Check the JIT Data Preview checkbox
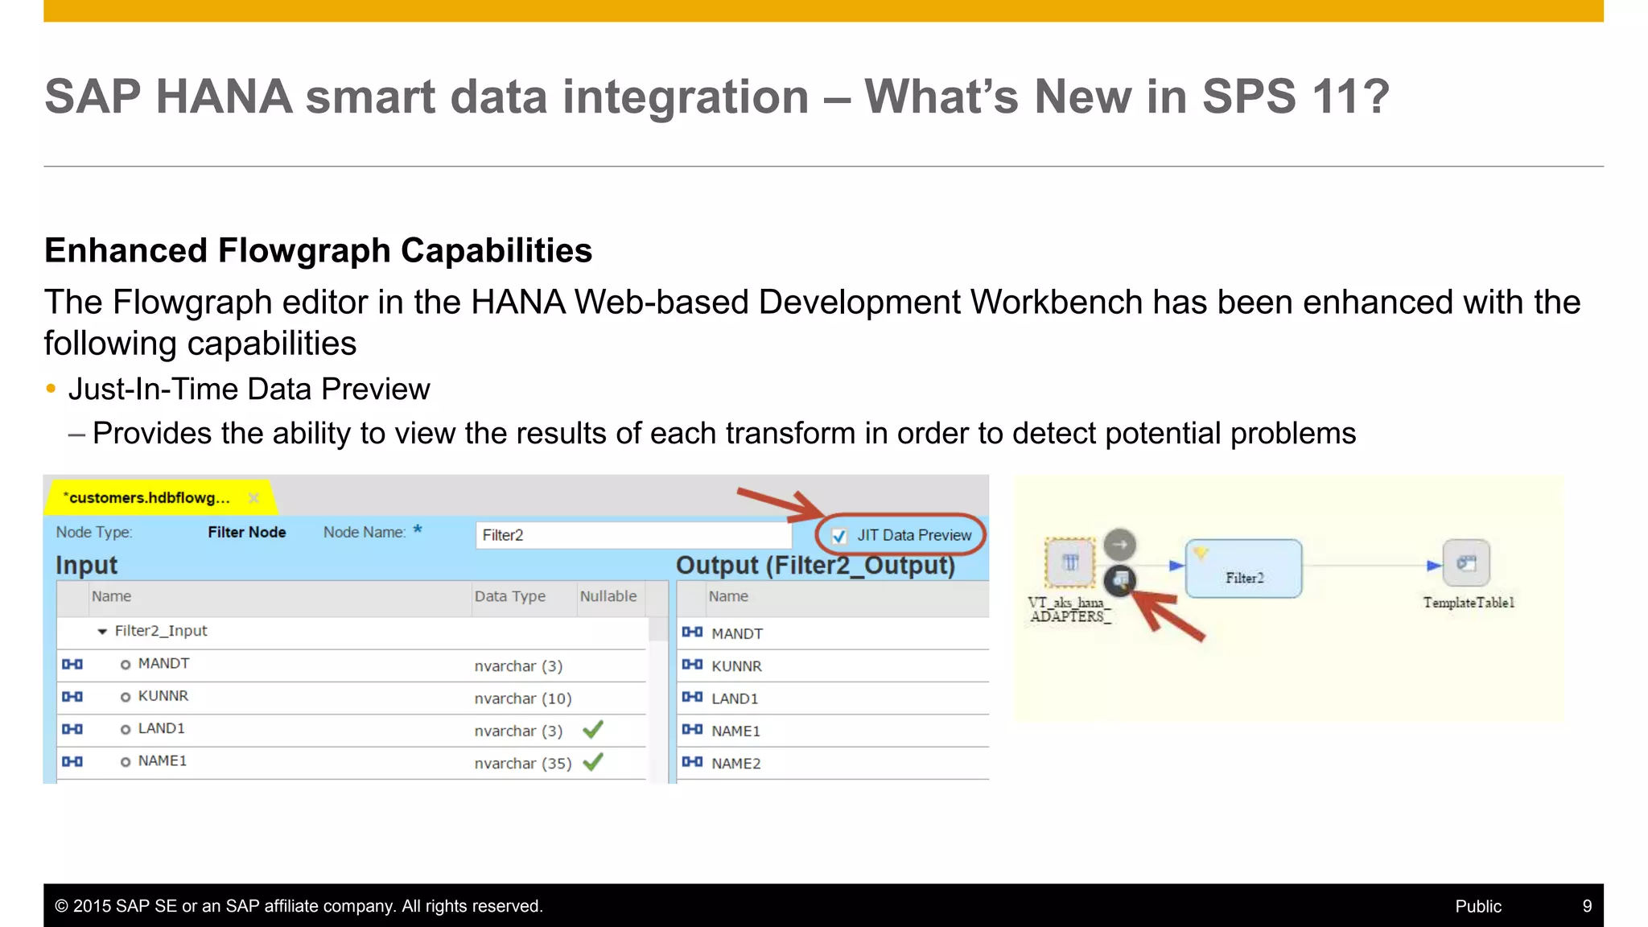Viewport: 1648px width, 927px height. point(839,536)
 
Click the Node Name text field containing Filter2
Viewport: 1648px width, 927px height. point(632,535)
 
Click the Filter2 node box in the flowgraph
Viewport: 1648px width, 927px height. point(1243,569)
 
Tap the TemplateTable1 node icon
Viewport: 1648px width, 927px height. point(1466,563)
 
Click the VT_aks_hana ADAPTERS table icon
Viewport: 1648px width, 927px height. point(1070,562)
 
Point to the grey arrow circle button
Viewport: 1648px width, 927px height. point(1119,545)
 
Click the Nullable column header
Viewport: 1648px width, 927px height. point(608,596)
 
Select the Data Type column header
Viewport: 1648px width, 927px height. point(510,596)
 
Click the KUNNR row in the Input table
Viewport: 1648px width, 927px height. point(163,696)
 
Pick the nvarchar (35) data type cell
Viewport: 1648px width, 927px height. point(523,764)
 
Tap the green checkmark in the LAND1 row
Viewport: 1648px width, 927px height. point(593,730)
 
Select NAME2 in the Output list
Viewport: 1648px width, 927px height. point(735,764)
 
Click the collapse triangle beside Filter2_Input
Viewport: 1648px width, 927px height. point(102,632)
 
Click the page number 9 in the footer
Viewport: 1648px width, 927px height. point(1587,906)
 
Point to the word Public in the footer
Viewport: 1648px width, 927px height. point(1478,906)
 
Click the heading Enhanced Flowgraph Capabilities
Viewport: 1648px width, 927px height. point(319,250)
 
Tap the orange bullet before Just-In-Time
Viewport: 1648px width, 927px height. point(51,389)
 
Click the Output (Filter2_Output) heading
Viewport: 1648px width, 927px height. point(815,566)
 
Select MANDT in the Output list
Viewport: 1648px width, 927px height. point(737,634)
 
